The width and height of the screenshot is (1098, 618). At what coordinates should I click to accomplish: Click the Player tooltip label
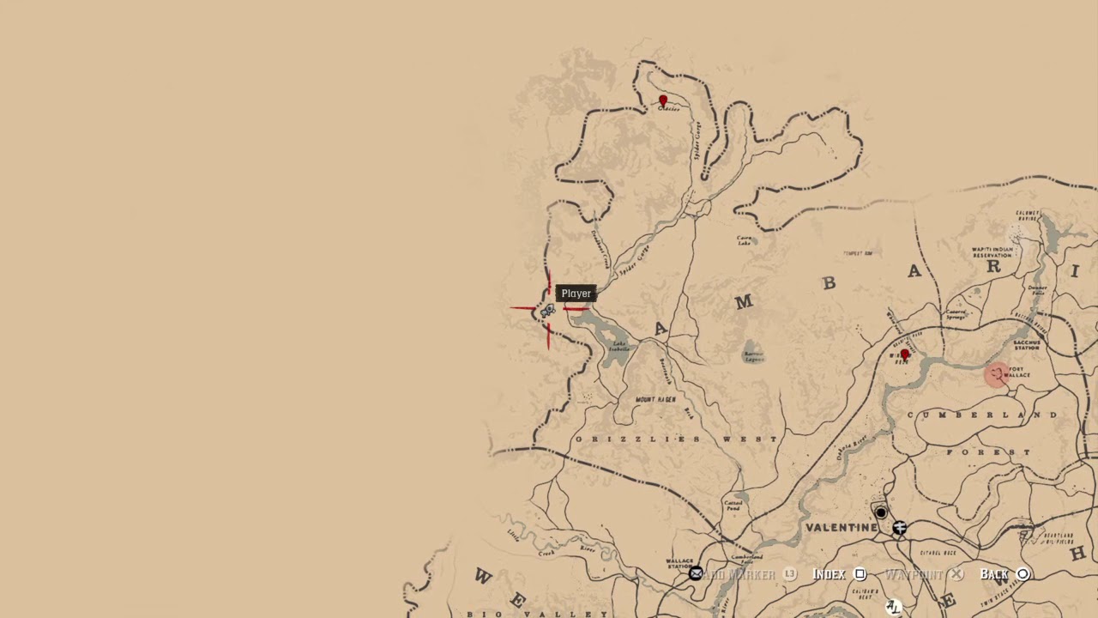point(576,294)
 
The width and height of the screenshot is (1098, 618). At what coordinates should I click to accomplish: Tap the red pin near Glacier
point(662,101)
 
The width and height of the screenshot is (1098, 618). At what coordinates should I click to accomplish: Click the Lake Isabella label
point(618,347)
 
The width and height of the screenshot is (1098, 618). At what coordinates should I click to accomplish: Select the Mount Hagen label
point(655,400)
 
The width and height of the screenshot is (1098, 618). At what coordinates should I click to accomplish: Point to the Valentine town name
point(841,527)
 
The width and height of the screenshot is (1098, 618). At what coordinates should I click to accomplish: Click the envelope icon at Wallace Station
point(696,573)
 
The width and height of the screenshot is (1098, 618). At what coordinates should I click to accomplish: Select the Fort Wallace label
point(1017,373)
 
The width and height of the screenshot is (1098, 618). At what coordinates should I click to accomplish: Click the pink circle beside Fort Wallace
point(995,374)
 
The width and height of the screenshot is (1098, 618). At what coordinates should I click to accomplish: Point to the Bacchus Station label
point(1026,345)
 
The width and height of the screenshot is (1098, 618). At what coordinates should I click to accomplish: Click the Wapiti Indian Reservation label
point(992,252)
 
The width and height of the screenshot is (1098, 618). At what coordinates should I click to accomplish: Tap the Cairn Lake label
point(745,240)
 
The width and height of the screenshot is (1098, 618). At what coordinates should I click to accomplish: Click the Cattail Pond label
point(733,506)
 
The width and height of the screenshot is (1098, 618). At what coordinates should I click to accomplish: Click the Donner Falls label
point(1037,290)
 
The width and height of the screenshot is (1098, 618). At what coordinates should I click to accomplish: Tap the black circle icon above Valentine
point(880,512)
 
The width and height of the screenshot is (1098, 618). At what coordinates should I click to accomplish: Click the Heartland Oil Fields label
point(1056,538)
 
